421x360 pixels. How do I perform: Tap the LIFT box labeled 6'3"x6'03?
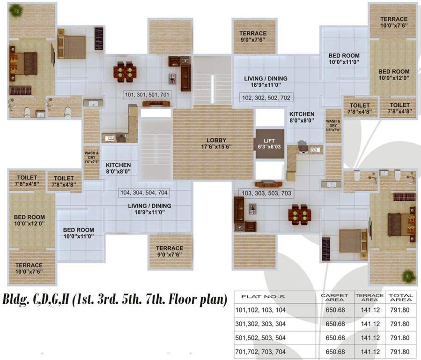pyautogui.click(x=269, y=143)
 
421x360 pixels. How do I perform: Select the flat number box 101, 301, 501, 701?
pyautogui.click(x=147, y=95)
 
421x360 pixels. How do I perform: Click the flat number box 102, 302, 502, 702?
pyautogui.click(x=266, y=98)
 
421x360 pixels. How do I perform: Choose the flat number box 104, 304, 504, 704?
pyautogui.click(x=144, y=193)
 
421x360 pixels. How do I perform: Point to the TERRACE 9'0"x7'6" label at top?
pyautogui.click(x=253, y=37)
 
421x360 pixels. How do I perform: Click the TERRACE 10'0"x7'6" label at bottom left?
pyautogui.click(x=29, y=268)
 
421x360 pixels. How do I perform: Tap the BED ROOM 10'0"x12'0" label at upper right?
pyautogui.click(x=393, y=75)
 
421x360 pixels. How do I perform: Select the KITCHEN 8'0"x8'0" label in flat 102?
pyautogui.click(x=302, y=117)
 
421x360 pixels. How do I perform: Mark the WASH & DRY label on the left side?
pyautogui.click(x=91, y=157)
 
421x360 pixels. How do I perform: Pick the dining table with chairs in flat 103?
pyautogui.click(x=298, y=214)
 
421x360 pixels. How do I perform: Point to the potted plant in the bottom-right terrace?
pyautogui.click(x=408, y=276)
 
